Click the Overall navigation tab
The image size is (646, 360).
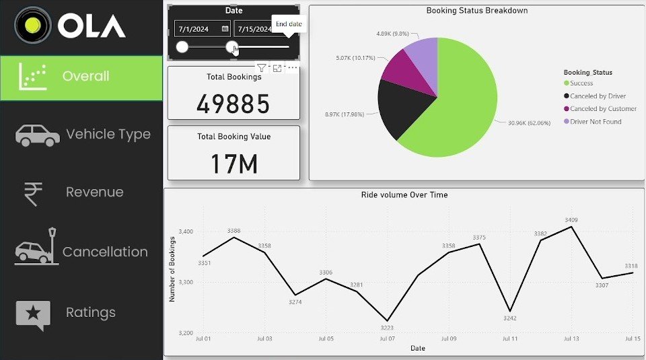81,77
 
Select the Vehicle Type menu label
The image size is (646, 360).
108,135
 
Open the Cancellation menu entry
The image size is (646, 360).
105,252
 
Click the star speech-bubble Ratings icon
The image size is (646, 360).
33,314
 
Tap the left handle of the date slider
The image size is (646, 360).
182,47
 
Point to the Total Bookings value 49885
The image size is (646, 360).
233,104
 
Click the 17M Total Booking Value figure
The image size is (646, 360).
234,164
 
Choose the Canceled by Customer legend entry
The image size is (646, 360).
603,109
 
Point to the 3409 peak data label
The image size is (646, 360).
571,220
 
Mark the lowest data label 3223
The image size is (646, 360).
386,328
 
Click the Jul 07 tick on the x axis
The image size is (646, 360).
387,338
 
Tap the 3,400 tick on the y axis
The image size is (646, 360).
185,231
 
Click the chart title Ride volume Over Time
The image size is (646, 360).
404,195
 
